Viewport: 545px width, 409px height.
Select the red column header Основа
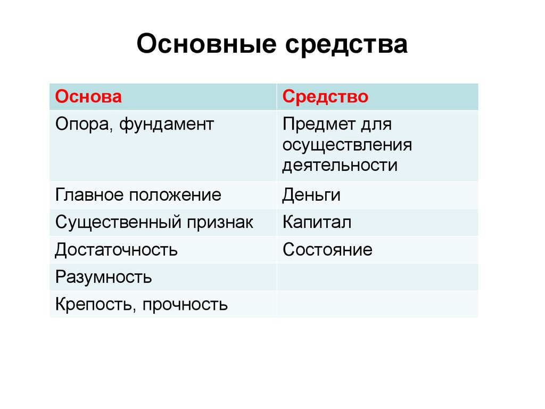click(x=88, y=97)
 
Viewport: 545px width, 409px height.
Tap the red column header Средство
click(x=326, y=97)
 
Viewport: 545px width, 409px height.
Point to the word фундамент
click(x=166, y=125)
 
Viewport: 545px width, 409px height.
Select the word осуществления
click(x=348, y=145)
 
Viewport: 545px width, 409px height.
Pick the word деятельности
click(x=340, y=165)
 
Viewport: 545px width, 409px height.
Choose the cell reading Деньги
click(x=311, y=195)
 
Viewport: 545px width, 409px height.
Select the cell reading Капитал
click(x=317, y=222)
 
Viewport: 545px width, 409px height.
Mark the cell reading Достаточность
click(x=116, y=249)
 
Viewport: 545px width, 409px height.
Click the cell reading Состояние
click(x=327, y=249)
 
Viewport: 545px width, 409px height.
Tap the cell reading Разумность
click(x=103, y=277)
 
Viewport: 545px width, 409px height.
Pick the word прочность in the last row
click(x=185, y=305)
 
